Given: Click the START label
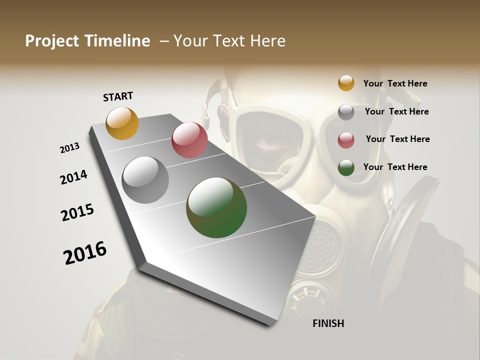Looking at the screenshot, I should (118, 96).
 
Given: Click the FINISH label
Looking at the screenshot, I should (328, 323).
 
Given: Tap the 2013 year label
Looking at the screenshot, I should (69, 148).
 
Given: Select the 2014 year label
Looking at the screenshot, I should (73, 177).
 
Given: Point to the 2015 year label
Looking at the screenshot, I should (77, 212).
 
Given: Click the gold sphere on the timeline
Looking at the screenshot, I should (122, 123).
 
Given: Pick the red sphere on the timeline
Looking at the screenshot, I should (189, 140).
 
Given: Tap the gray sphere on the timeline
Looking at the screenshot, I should (145, 179).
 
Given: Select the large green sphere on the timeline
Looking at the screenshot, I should (216, 207).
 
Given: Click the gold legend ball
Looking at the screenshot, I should (346, 83).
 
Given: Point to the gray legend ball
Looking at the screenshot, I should (346, 112).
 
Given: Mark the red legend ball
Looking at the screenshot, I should (346, 140).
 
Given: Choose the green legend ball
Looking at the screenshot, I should (346, 167).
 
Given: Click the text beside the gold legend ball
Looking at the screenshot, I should (395, 83).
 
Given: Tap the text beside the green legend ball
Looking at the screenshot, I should (395, 167).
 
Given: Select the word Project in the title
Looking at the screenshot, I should (51, 41).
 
